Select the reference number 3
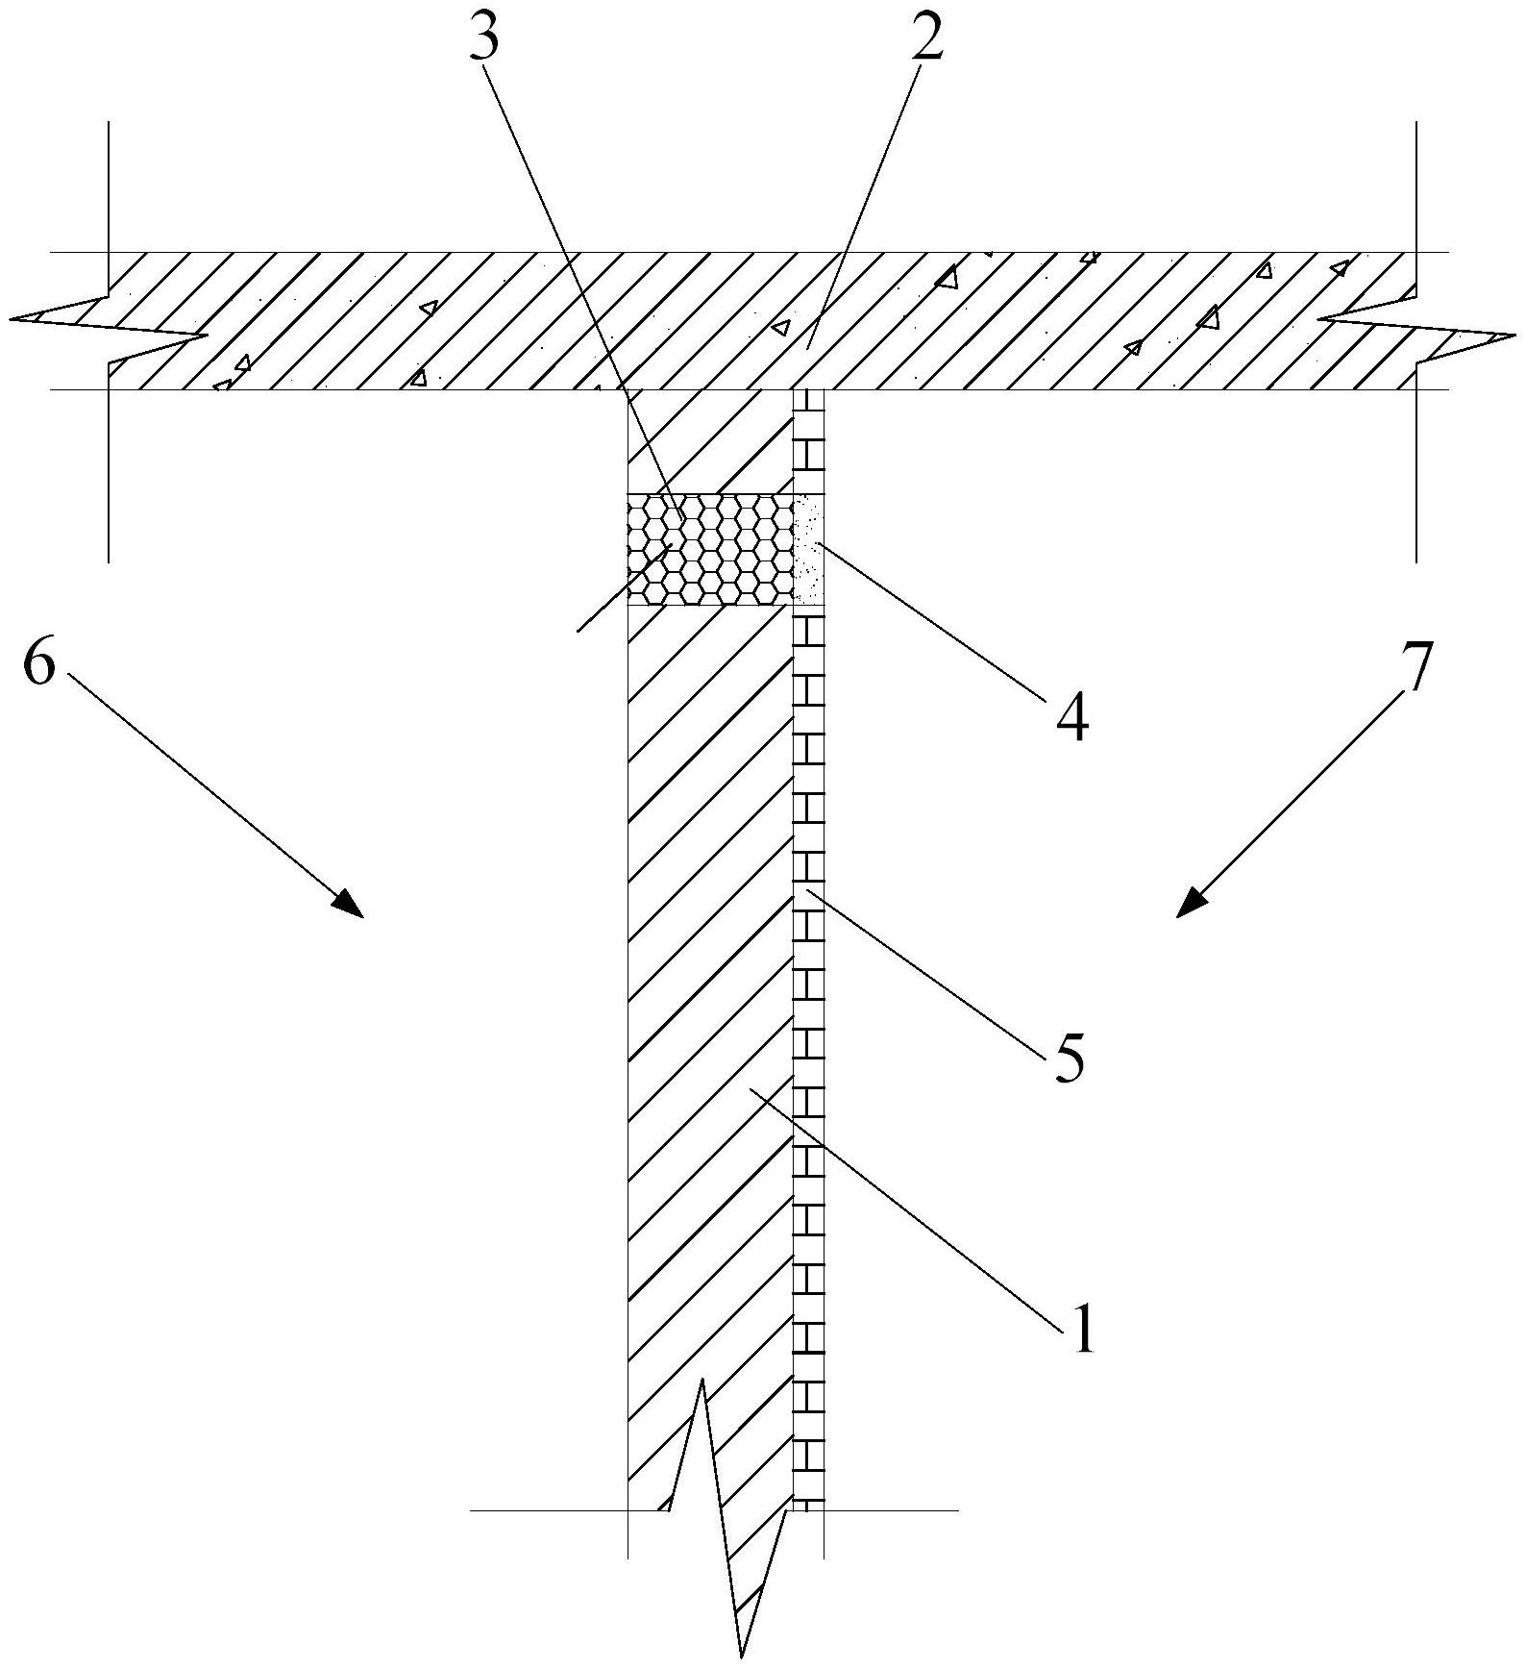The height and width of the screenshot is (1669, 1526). tap(485, 37)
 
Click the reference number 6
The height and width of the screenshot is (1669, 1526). tap(39, 663)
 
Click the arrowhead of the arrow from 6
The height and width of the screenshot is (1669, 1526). tap(348, 904)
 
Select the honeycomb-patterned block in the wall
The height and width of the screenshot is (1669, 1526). tap(709, 549)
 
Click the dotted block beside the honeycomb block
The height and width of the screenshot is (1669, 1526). tap(809, 549)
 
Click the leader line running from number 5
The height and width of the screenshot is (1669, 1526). tap(932, 971)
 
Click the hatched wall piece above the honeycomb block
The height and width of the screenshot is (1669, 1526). tap(709, 442)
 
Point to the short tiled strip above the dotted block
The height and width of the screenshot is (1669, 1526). tap(809, 442)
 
